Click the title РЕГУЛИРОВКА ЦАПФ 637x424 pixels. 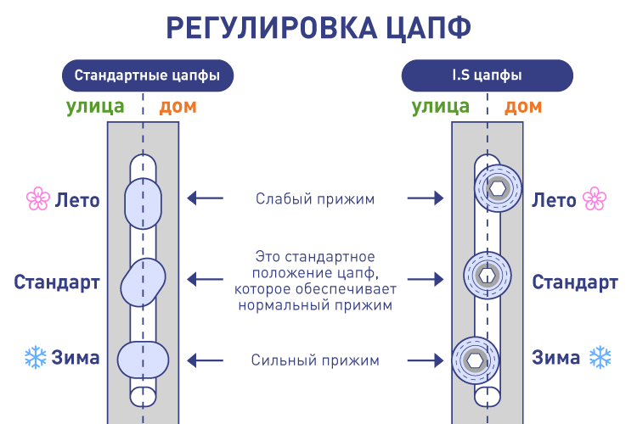318,27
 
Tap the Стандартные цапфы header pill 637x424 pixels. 147,75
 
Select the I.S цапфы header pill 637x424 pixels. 487,75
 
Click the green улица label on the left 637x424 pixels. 95,107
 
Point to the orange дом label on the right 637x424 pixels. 523,107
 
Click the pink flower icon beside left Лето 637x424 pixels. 37,200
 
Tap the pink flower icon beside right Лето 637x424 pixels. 594,200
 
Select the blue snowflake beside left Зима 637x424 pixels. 36,357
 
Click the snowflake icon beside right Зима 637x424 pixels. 600,357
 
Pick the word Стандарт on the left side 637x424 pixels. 57,282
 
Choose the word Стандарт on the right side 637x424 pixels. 575,282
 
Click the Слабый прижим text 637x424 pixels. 315,199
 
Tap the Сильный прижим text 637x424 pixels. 315,360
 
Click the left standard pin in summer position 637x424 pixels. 143,202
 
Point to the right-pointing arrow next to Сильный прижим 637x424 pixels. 426,360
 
